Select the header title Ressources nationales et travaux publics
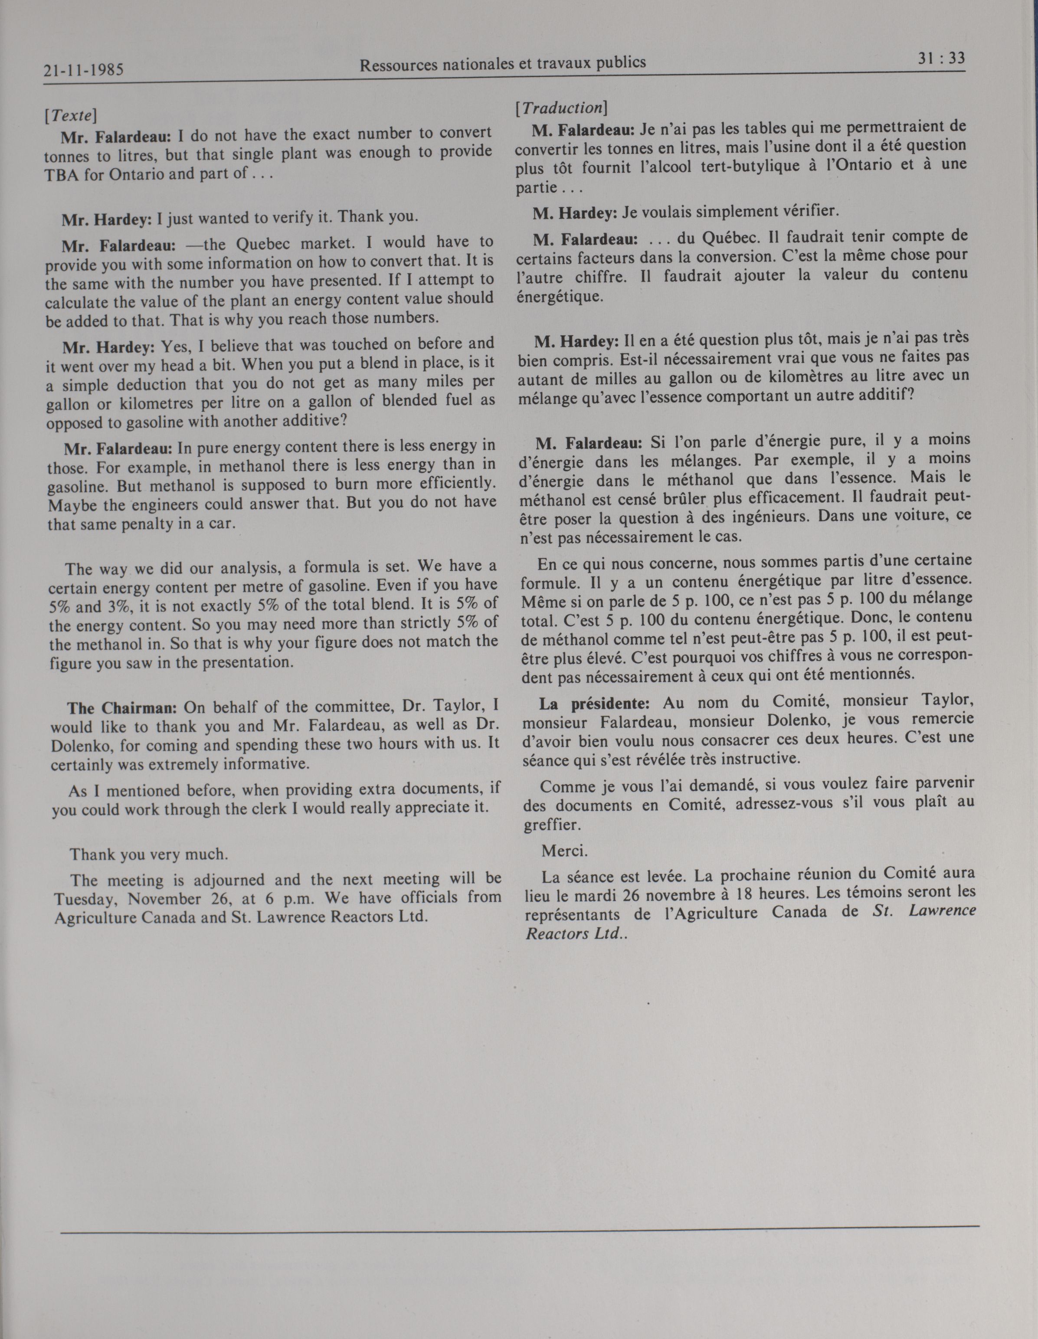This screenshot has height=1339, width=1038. click(x=502, y=63)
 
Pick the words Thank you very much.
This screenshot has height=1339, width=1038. click(x=149, y=854)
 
